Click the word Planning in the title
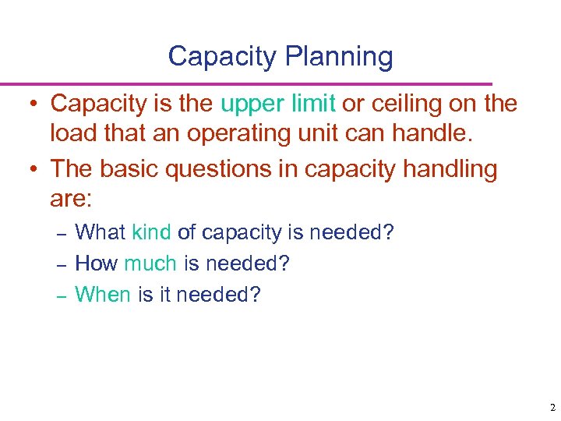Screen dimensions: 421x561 (340, 57)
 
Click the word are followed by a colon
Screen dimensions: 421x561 (71, 200)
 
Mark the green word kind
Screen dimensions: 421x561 (152, 232)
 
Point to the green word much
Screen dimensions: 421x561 (150, 264)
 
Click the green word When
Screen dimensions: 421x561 (103, 295)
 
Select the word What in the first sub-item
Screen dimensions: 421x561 (101, 232)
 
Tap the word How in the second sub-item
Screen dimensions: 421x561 (96, 264)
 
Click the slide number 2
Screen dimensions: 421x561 (552, 407)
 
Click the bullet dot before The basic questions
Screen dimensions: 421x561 (36, 170)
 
